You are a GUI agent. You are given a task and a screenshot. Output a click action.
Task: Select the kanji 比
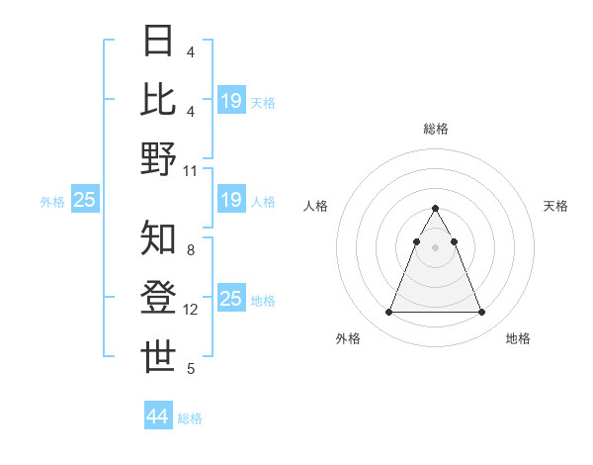click(158, 99)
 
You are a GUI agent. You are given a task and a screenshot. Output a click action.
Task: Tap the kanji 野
click(158, 158)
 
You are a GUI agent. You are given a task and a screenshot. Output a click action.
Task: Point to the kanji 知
click(158, 237)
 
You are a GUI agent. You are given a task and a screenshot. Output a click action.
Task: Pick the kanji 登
click(158, 297)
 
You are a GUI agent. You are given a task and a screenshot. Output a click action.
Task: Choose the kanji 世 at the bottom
click(158, 356)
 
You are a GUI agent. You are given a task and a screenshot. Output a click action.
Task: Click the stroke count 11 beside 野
click(191, 171)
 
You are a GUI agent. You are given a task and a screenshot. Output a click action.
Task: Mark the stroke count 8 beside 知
click(191, 250)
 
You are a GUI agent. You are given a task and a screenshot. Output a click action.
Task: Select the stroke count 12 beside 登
click(191, 310)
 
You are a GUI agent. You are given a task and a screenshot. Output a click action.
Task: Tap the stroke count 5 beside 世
click(191, 369)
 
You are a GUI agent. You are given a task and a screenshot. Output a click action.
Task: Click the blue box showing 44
click(157, 417)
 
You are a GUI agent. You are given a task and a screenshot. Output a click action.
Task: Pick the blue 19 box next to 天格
click(231, 101)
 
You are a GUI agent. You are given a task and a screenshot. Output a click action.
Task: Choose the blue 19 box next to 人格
click(231, 201)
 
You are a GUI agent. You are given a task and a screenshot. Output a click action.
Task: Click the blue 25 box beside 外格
click(84, 201)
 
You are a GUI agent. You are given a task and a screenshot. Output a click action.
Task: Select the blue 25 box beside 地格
click(231, 299)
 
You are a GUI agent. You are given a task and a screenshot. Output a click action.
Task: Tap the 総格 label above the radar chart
click(435, 129)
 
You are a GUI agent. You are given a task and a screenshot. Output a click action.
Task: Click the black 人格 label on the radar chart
click(316, 206)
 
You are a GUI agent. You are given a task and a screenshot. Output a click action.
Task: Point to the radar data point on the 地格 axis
click(482, 313)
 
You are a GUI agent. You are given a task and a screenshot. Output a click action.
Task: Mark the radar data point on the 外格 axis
click(388, 313)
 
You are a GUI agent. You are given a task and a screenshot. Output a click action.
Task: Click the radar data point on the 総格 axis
click(435, 209)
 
